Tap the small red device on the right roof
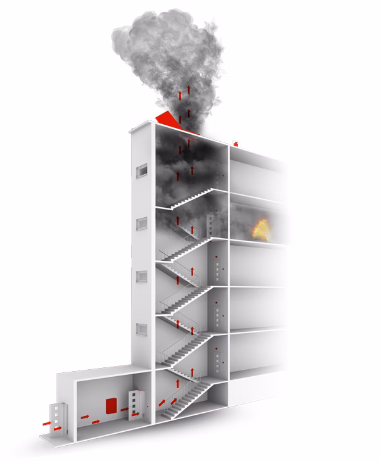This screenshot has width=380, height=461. (236, 143)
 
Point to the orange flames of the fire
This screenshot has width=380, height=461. (260, 229)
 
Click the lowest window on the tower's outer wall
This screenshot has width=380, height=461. (142, 329)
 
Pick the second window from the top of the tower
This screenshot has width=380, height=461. (142, 224)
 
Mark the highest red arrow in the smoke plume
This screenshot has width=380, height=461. (179, 94)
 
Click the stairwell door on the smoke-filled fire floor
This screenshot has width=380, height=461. (211, 223)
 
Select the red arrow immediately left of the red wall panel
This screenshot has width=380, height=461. (96, 421)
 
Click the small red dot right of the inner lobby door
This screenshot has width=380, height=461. (148, 405)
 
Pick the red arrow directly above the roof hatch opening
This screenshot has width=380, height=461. (180, 121)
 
